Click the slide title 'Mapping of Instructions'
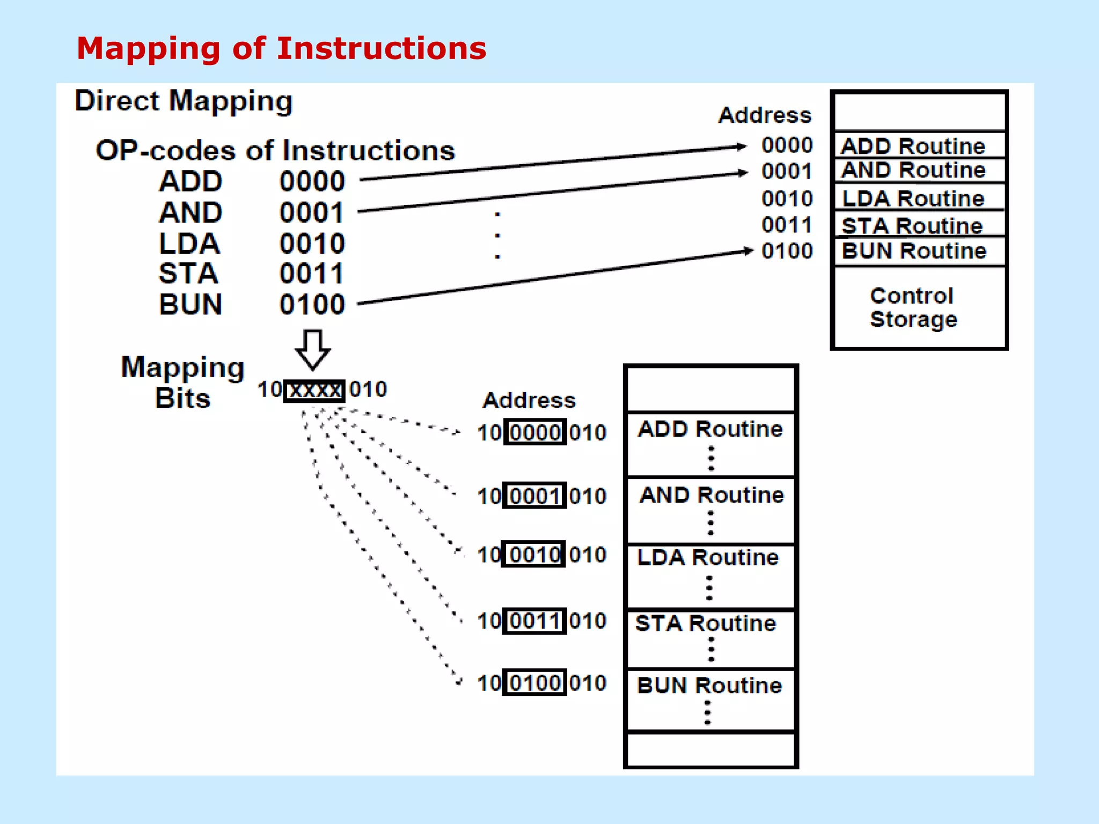click(281, 48)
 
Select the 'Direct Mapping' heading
click(184, 101)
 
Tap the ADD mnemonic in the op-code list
click(191, 181)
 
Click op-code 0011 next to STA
click(312, 274)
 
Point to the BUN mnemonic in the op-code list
click(191, 305)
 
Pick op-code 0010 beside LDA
click(312, 244)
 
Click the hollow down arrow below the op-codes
click(313, 349)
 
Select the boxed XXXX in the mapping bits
click(314, 390)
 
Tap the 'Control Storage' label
click(913, 307)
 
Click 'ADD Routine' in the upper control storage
click(913, 146)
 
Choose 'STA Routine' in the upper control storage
click(912, 226)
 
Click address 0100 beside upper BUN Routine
click(787, 251)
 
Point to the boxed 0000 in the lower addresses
click(535, 432)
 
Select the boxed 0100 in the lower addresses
click(535, 683)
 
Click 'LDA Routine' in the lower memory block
click(708, 558)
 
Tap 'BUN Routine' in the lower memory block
click(709, 686)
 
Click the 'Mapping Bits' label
click(182, 382)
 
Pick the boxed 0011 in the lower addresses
click(535, 621)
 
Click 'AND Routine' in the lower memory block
click(712, 495)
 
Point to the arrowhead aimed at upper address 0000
click(741, 146)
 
